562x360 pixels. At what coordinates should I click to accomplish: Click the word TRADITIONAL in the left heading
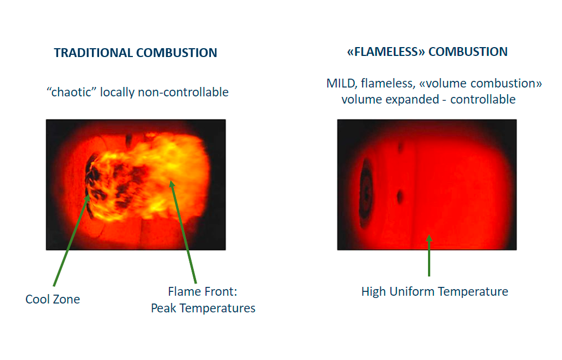click(94, 53)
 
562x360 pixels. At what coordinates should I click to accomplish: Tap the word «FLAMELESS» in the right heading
click(386, 52)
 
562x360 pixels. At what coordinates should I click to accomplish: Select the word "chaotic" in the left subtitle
click(71, 92)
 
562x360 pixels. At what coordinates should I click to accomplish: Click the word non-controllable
click(183, 92)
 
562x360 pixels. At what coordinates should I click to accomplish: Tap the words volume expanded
click(390, 99)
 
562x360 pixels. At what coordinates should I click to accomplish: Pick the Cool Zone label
click(53, 299)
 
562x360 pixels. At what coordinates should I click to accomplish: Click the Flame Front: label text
click(203, 291)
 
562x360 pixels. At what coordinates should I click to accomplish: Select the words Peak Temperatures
click(203, 308)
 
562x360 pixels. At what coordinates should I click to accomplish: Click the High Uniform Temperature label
click(435, 291)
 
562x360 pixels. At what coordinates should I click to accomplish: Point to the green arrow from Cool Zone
click(71, 240)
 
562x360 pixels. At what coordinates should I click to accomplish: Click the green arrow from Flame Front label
click(183, 232)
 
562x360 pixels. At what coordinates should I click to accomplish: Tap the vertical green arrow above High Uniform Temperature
click(429, 255)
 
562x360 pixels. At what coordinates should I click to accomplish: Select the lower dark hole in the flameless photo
click(400, 197)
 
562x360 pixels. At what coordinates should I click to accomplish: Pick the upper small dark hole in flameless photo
click(400, 147)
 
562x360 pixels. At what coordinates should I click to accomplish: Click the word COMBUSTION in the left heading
click(177, 53)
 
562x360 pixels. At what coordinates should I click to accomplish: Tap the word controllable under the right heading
click(483, 99)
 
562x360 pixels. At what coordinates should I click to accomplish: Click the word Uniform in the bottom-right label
click(412, 291)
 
